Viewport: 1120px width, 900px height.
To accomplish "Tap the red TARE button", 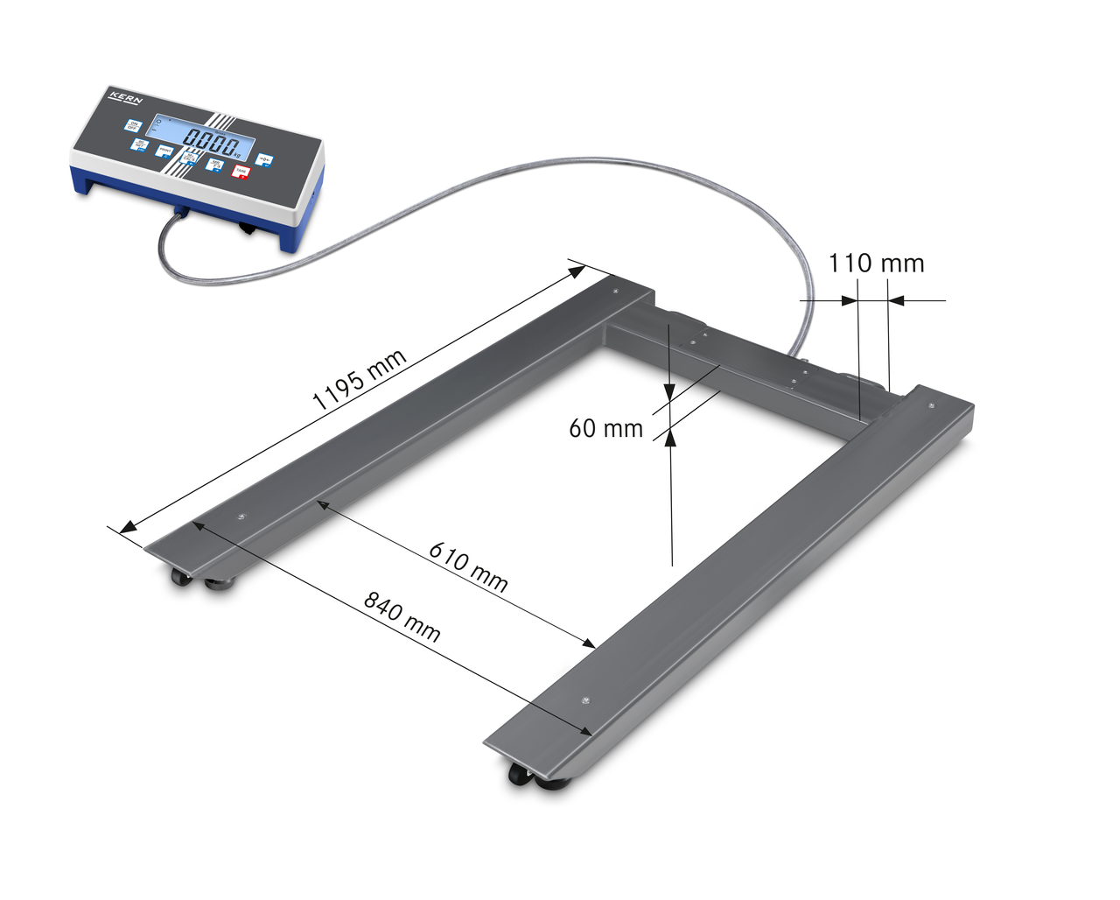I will point(240,172).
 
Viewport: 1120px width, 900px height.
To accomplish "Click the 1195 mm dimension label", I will point(360,381).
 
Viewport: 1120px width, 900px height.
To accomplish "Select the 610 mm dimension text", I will point(468,567).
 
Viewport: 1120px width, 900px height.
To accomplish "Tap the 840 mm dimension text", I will point(402,617).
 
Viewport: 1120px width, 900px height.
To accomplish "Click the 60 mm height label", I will point(605,428).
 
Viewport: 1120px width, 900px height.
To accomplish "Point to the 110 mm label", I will point(876,263).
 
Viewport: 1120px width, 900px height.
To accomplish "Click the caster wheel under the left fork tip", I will point(182,577).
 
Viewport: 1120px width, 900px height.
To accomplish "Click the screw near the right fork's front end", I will point(585,700).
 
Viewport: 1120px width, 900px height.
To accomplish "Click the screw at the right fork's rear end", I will point(929,405).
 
